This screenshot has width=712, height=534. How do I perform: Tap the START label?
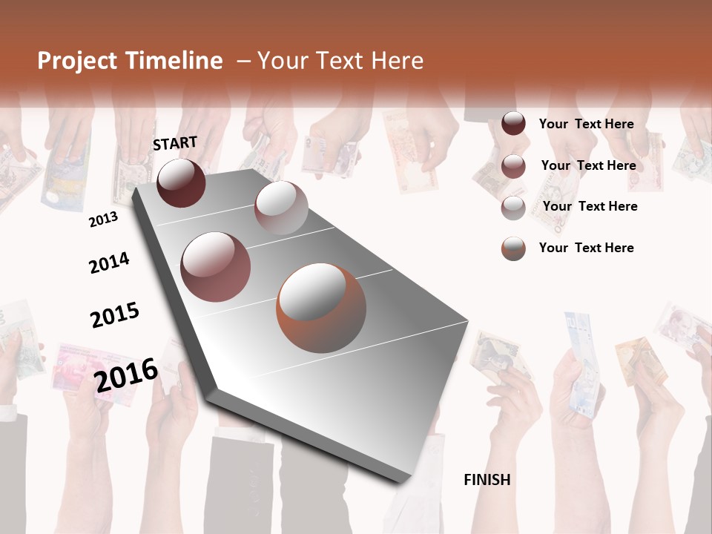click(175, 143)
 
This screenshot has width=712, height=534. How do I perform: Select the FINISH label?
click(487, 480)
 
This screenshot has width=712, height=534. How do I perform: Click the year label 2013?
click(103, 220)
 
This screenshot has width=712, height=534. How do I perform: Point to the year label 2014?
click(109, 263)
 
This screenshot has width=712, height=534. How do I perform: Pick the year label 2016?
click(126, 375)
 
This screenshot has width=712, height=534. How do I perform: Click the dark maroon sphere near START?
click(181, 182)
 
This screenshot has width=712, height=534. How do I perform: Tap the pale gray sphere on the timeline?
click(281, 208)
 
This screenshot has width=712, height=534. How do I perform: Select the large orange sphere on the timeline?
click(321, 308)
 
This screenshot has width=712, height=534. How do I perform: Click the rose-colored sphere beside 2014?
click(216, 267)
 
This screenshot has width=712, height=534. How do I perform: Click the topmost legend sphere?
click(513, 123)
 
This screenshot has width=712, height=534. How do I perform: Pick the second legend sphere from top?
click(513, 166)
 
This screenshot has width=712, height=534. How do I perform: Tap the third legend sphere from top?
click(513, 208)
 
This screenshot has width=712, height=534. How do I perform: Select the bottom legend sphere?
click(513, 248)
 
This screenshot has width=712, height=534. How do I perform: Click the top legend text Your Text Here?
click(586, 124)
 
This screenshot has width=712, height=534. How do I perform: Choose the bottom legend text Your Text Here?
click(586, 248)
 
